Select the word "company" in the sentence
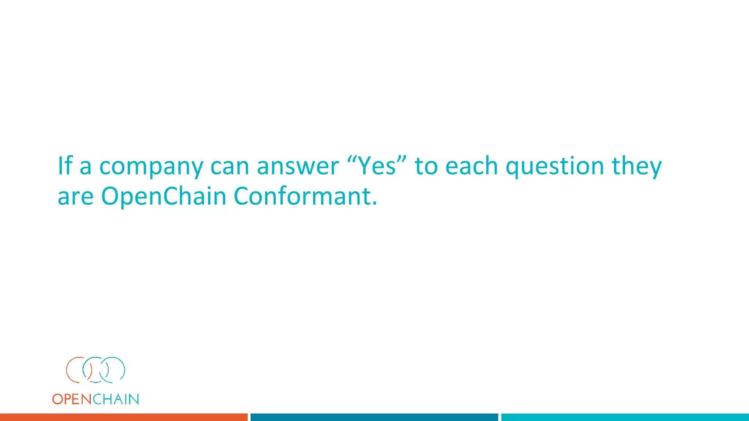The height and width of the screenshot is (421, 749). click(151, 166)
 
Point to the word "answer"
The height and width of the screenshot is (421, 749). click(298, 166)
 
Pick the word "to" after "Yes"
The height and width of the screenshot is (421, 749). click(426, 166)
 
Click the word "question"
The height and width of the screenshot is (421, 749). click(555, 166)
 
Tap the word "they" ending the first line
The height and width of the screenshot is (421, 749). click(637, 166)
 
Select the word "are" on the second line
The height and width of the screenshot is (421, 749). click(76, 197)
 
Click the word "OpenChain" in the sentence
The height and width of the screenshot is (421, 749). click(163, 196)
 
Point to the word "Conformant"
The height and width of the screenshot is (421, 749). click(305, 196)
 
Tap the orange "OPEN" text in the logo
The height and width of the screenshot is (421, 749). click(72, 399)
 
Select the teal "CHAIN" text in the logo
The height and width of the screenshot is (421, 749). click(116, 399)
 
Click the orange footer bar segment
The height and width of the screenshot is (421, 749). click(124, 417)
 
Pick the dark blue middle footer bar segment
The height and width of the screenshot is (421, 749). click(374, 417)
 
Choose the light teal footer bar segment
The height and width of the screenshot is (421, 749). click(625, 417)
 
